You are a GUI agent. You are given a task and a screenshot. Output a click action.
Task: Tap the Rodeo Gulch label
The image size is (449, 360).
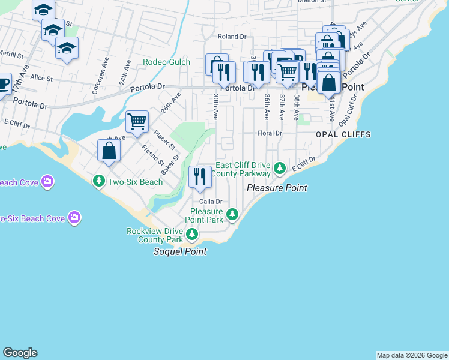pos(166,62)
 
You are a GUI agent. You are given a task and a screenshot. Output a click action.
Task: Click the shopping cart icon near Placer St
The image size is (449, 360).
pos(137,121)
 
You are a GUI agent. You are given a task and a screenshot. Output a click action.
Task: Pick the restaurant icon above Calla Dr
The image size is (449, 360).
pos(200,176)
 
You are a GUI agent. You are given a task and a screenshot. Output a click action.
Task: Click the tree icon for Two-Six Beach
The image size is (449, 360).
pos(98,180)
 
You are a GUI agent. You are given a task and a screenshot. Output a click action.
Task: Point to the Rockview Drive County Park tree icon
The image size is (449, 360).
pos(192,234)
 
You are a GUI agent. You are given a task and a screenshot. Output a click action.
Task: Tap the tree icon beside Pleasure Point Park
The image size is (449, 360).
pos(232,214)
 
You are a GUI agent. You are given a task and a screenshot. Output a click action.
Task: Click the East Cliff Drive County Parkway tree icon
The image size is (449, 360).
pos(279,169)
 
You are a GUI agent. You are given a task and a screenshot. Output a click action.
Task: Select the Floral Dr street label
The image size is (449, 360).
pos(269,133)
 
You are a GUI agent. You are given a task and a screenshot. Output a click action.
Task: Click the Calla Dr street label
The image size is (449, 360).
pos(211,202)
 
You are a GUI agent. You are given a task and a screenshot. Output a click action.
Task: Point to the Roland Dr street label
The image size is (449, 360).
pos(232,37)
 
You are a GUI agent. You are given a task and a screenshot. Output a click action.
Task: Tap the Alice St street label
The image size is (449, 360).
pos(41,78)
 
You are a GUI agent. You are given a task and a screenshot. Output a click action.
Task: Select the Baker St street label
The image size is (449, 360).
pos(173,167)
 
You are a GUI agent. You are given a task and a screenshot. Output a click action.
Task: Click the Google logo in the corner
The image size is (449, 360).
pos(20,353)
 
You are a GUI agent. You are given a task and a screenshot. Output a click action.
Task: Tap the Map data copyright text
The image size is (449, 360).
pos(412,355)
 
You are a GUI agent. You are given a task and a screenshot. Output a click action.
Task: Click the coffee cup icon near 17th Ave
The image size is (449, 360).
pos(2,84)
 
